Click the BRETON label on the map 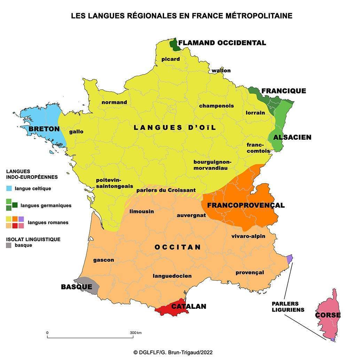pyautogui.click(x=44, y=129)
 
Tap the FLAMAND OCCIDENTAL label pyautogui.click(x=222, y=43)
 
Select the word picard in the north pyautogui.click(x=171, y=59)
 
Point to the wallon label pyautogui.click(x=221, y=70)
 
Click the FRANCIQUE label pyautogui.click(x=284, y=91)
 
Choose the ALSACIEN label pyautogui.click(x=292, y=137)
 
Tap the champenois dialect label pyautogui.click(x=217, y=106)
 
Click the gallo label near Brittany pyautogui.click(x=76, y=132)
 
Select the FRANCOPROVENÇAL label pyautogui.click(x=246, y=205)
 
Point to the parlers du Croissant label pyautogui.click(x=166, y=190)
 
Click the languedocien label pyautogui.click(x=172, y=276)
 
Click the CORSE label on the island pyautogui.click(x=328, y=315)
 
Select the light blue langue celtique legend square pyautogui.click(x=9, y=189)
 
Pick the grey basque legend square pyautogui.click(x=9, y=245)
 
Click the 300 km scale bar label pyautogui.click(x=135, y=333)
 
